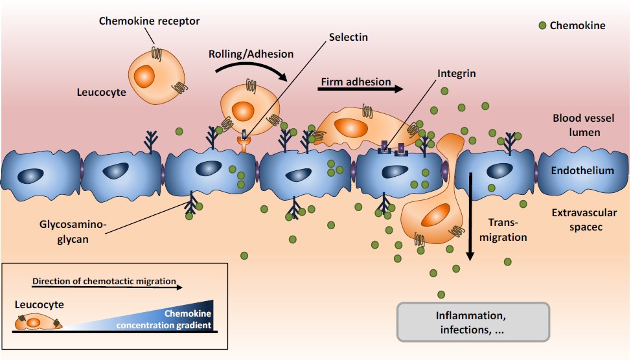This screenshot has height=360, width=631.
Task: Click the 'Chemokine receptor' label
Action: pos(149,21)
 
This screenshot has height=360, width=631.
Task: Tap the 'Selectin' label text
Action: pos(349,37)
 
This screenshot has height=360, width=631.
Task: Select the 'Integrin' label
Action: pos(456,73)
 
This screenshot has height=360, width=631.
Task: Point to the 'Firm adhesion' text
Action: pos(356,82)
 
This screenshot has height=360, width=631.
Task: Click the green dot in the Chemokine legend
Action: pos(542,25)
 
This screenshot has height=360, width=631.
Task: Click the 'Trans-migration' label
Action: pos(507,231)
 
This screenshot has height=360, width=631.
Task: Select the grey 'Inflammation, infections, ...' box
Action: pos(472,322)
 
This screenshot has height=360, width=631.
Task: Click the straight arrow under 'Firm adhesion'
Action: pos(360,91)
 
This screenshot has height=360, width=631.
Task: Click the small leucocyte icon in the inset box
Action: pos(38,321)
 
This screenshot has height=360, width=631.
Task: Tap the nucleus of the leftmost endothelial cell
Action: pos(31,176)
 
